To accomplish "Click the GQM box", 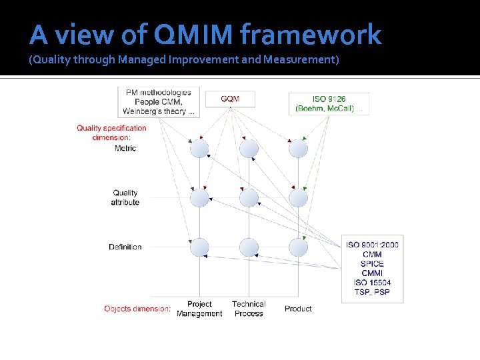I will coord(230,99).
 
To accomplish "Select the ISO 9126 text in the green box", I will coord(329,99).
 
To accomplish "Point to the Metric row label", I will coord(125,148).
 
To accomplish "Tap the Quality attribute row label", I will coord(125,197).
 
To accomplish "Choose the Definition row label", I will coord(125,247).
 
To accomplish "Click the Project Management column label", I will coord(199,309).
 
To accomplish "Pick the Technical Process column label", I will coord(249,309).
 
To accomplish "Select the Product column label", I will coord(298,309).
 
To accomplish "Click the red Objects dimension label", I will coord(137,309).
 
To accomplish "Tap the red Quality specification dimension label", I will coord(111,132).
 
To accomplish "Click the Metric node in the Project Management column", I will coord(199,149).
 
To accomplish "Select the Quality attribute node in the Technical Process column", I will coord(249,198).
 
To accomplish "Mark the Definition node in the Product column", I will coord(298,247).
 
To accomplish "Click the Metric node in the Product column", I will coord(298,149).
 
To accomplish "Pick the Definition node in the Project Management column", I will coord(199,247).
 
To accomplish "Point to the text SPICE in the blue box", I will coord(373,264).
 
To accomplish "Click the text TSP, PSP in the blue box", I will coord(373,292).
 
